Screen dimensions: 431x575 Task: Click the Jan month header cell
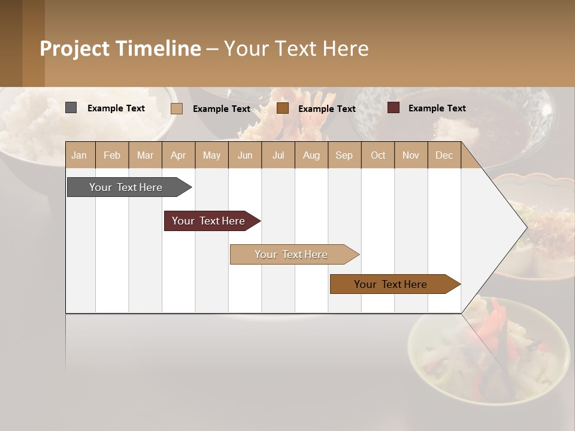[80, 155]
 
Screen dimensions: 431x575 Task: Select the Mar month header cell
[145, 155]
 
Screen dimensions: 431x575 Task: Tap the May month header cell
[211, 155]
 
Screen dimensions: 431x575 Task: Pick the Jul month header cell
[278, 155]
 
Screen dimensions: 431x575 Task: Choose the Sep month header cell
[344, 155]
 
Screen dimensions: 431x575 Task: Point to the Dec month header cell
[444, 155]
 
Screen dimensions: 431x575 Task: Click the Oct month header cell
[378, 155]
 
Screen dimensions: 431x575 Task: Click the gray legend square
[71, 108]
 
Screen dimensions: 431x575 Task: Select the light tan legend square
[177, 108]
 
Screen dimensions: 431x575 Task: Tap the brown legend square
[283, 108]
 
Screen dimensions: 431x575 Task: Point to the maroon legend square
[394, 108]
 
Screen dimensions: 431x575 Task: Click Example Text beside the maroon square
[437, 108]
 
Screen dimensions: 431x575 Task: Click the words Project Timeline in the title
[120, 48]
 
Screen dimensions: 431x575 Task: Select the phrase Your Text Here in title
[296, 48]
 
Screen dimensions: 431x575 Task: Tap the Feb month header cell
[112, 155]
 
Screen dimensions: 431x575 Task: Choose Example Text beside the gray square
[116, 108]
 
